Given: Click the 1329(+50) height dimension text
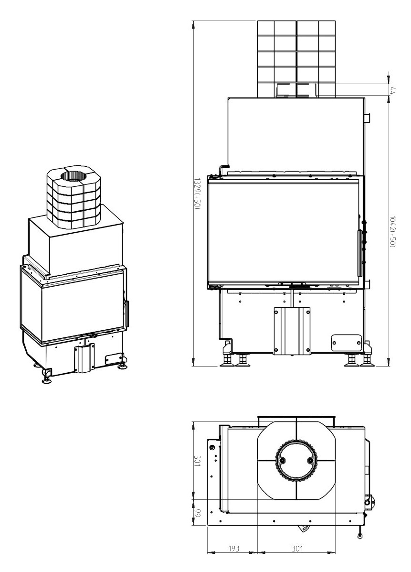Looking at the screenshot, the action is coord(196,194).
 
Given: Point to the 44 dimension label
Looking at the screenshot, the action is coord(392,90).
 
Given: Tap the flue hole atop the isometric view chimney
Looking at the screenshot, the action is coord(74,176).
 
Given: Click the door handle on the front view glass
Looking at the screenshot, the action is coord(361,253).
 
